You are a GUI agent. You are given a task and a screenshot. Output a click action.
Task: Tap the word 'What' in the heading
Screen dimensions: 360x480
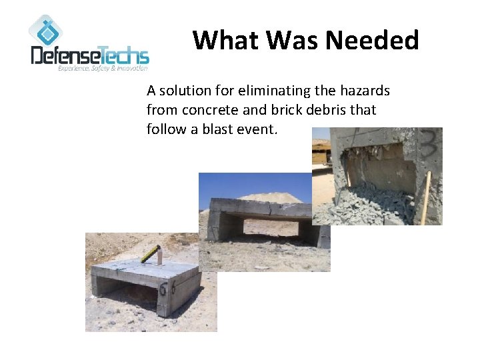click(223, 41)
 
